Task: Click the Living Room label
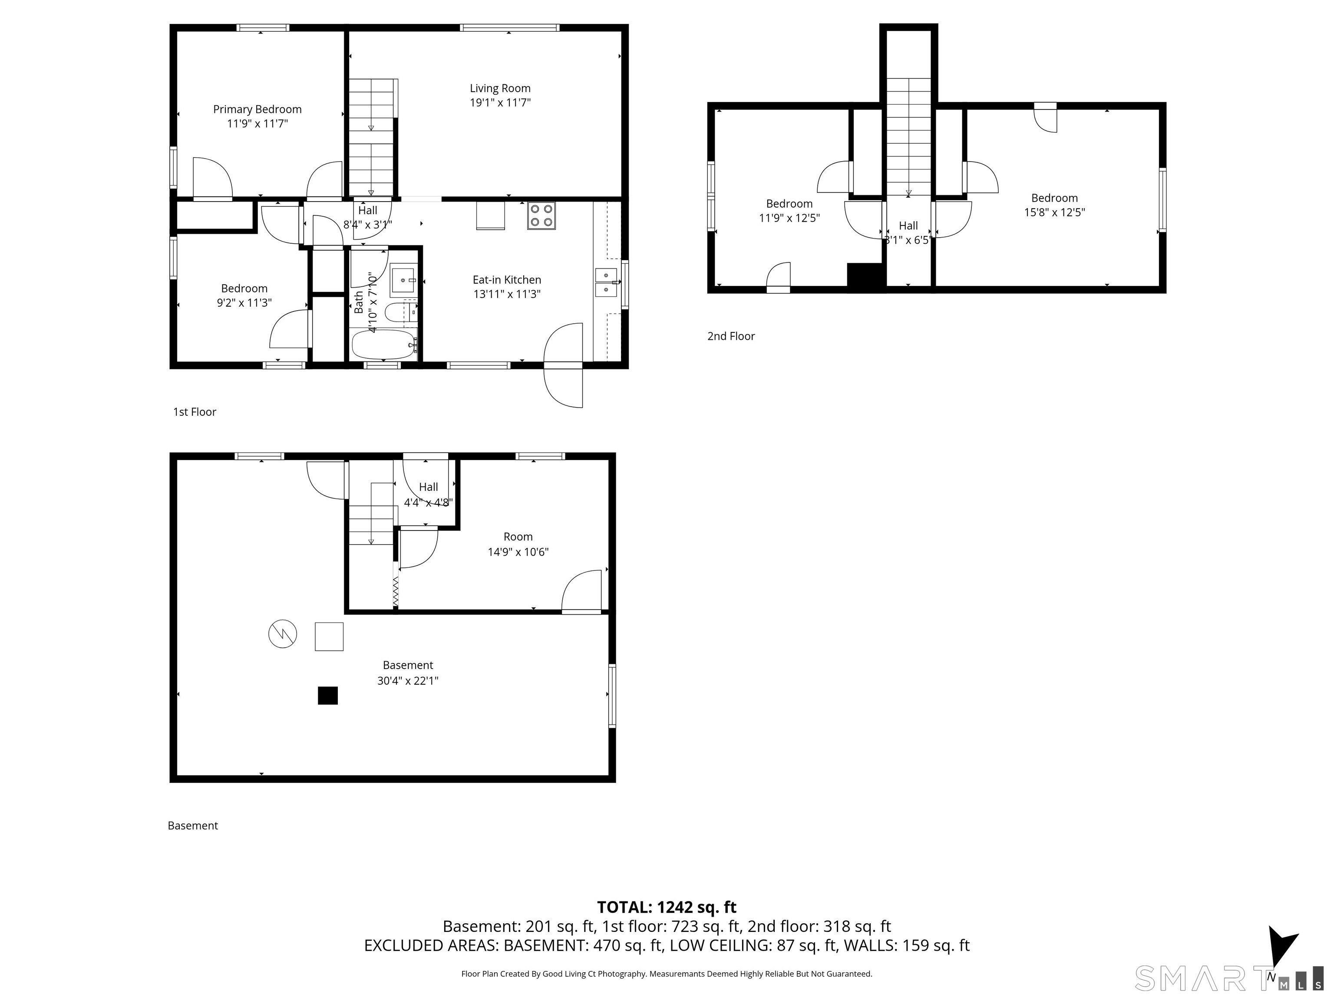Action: coord(500,89)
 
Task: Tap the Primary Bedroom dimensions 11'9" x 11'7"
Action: coord(258,124)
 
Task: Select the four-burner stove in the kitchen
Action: coord(542,216)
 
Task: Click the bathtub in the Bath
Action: coord(384,345)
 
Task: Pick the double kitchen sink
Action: coord(607,282)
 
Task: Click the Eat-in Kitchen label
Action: coord(507,280)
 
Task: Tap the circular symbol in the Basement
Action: coord(283,634)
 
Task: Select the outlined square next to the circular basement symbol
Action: coord(329,636)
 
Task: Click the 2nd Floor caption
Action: coord(731,337)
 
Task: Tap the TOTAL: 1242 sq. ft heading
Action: coord(667,908)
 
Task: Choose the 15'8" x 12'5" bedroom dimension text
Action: coord(1054,212)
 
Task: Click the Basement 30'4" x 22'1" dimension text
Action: coord(408,681)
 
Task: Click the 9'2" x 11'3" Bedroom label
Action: coord(244,296)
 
